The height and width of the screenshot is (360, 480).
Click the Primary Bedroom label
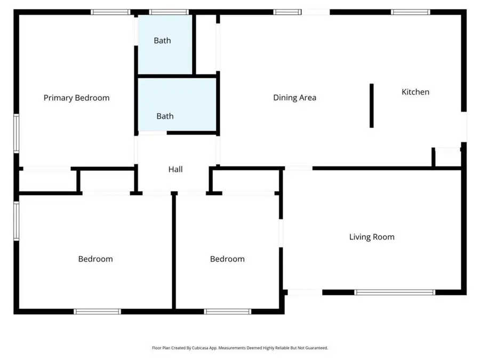(x=76, y=98)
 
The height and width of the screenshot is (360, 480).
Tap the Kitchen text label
(x=415, y=92)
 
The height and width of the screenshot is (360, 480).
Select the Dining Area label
(x=294, y=98)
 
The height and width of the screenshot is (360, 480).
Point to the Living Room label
(x=372, y=237)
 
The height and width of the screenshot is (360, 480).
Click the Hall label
(x=175, y=169)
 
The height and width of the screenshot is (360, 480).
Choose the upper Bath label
(x=162, y=41)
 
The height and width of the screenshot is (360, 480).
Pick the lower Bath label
(x=165, y=116)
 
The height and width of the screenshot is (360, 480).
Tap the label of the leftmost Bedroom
(x=95, y=259)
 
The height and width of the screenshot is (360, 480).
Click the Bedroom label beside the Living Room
(x=227, y=259)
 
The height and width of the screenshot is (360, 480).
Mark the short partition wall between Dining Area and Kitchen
(x=372, y=106)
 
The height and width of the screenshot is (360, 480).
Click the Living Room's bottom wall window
(x=395, y=292)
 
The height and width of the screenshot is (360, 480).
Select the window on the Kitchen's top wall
(x=410, y=12)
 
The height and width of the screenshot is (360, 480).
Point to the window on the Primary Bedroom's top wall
(x=110, y=12)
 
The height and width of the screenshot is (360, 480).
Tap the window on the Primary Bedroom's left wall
(x=17, y=133)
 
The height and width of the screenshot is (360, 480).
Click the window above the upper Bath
(x=169, y=12)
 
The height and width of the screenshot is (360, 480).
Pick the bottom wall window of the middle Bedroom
(x=228, y=311)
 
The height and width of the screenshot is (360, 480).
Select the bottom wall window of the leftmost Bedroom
(x=97, y=311)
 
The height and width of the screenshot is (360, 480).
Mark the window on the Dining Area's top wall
(x=287, y=12)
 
